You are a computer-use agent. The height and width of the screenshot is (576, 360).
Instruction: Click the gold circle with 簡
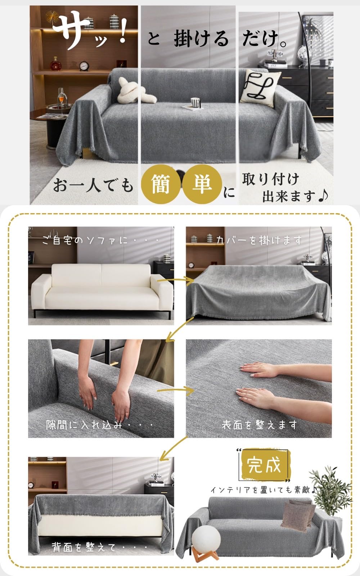(161, 184)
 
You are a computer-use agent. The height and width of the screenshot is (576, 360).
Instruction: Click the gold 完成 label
(265, 465)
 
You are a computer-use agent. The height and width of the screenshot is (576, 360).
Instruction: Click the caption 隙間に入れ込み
(100, 425)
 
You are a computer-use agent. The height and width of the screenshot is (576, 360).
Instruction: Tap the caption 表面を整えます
(259, 425)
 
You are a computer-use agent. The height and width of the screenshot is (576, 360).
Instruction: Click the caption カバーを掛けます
(258, 240)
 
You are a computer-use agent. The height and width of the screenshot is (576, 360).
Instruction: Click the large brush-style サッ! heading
(90, 31)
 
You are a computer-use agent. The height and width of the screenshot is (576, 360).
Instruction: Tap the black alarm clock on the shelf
(84, 66)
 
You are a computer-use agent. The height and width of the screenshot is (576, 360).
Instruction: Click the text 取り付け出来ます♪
(284, 187)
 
